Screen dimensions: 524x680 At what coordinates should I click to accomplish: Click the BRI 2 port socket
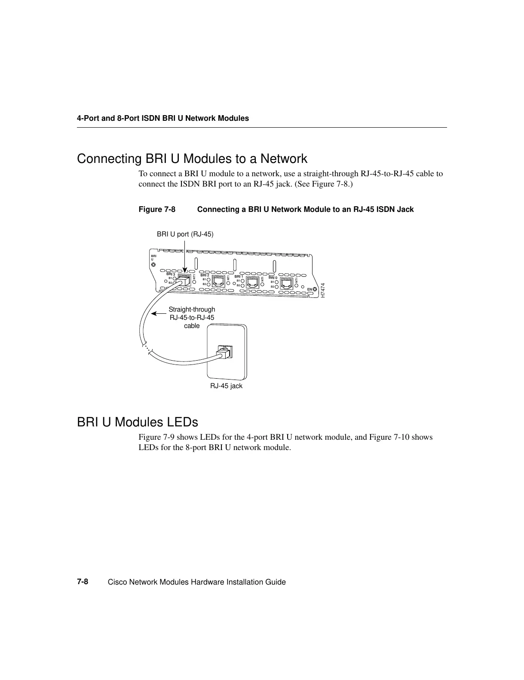219,282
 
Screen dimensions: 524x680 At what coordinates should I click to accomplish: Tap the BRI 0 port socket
287,283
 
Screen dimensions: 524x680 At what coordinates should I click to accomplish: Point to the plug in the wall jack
224,353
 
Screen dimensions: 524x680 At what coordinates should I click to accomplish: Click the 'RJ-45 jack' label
226,386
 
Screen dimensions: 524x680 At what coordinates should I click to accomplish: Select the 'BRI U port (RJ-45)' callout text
185,234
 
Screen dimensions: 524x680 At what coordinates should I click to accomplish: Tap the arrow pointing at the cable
159,313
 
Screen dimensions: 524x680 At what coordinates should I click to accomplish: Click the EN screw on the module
315,289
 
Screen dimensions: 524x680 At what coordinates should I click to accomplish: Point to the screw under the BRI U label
153,265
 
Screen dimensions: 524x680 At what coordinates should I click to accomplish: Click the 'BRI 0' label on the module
273,278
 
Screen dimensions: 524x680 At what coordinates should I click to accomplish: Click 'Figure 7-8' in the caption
157,210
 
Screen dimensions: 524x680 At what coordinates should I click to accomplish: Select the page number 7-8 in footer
83,582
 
